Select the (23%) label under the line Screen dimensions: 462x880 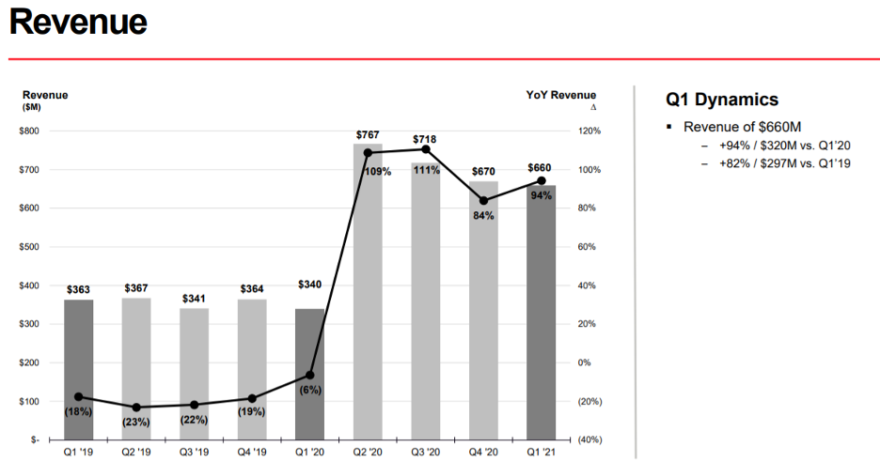(136, 422)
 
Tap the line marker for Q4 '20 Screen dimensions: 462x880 (483, 201)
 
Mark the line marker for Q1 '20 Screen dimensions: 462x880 (309, 376)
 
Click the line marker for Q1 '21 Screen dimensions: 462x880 (541, 181)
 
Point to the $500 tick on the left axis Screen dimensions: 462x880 (31, 247)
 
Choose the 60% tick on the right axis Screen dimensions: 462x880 (589, 247)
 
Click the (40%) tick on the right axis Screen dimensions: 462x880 (590, 439)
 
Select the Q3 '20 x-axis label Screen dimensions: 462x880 (425, 452)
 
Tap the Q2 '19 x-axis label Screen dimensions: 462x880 (136, 452)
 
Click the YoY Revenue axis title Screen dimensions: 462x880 (560, 95)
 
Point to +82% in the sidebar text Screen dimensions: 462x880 (736, 163)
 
